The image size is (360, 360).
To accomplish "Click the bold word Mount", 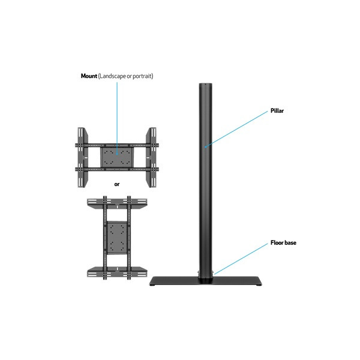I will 89,76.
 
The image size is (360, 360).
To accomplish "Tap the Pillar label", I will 277,111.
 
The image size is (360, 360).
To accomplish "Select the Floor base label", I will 282,243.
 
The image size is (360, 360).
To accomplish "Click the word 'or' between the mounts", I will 117,184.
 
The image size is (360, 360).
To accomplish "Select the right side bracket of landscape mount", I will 153,157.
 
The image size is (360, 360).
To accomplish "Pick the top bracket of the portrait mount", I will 117,203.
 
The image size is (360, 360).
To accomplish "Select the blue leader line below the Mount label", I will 118,114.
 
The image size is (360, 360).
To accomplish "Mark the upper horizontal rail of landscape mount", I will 117,145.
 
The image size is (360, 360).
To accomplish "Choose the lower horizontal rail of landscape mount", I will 117,170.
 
